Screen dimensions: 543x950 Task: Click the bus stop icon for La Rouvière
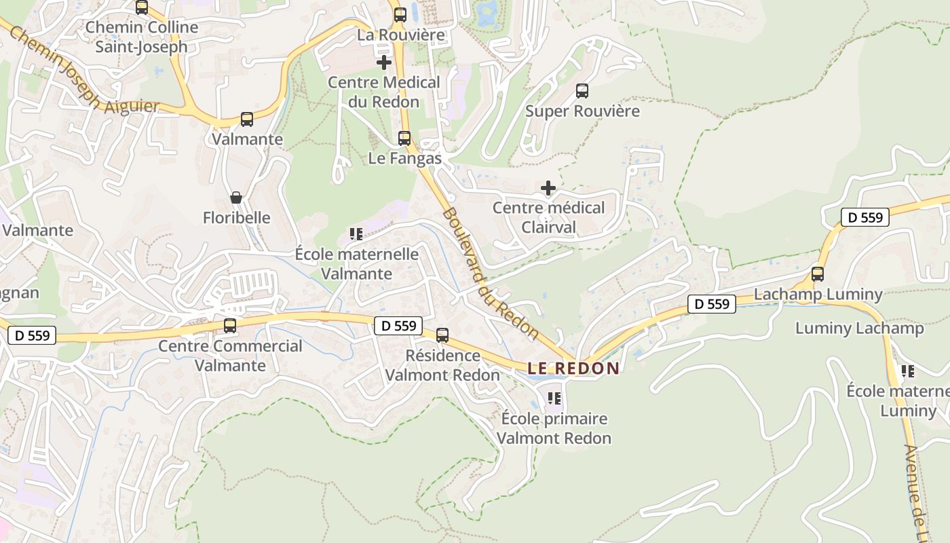[400, 14]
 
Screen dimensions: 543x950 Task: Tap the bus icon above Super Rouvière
[582, 91]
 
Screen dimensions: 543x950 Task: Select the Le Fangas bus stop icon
[404, 138]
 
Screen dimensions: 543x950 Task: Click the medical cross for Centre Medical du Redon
[384, 62]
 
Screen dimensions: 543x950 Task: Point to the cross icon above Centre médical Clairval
[548, 188]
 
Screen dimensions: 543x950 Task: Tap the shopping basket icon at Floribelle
[236, 198]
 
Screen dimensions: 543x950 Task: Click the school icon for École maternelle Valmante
[356, 234]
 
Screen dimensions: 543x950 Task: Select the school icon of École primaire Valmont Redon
[554, 398]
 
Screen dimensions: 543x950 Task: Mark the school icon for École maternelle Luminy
[907, 371]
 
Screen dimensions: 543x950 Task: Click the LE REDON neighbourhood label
[573, 369]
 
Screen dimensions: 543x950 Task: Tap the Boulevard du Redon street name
[490, 274]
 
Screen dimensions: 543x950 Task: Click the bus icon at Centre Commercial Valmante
[230, 326]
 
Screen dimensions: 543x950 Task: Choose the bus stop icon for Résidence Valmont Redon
[442, 335]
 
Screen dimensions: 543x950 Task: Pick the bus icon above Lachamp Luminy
[818, 274]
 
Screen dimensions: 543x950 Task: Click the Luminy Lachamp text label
[859, 329]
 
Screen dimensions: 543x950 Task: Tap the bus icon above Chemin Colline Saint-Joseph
[142, 7]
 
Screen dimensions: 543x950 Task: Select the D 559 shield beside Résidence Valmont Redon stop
[398, 326]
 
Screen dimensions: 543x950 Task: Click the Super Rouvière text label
[582, 111]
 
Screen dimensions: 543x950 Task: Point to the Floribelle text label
[237, 218]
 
